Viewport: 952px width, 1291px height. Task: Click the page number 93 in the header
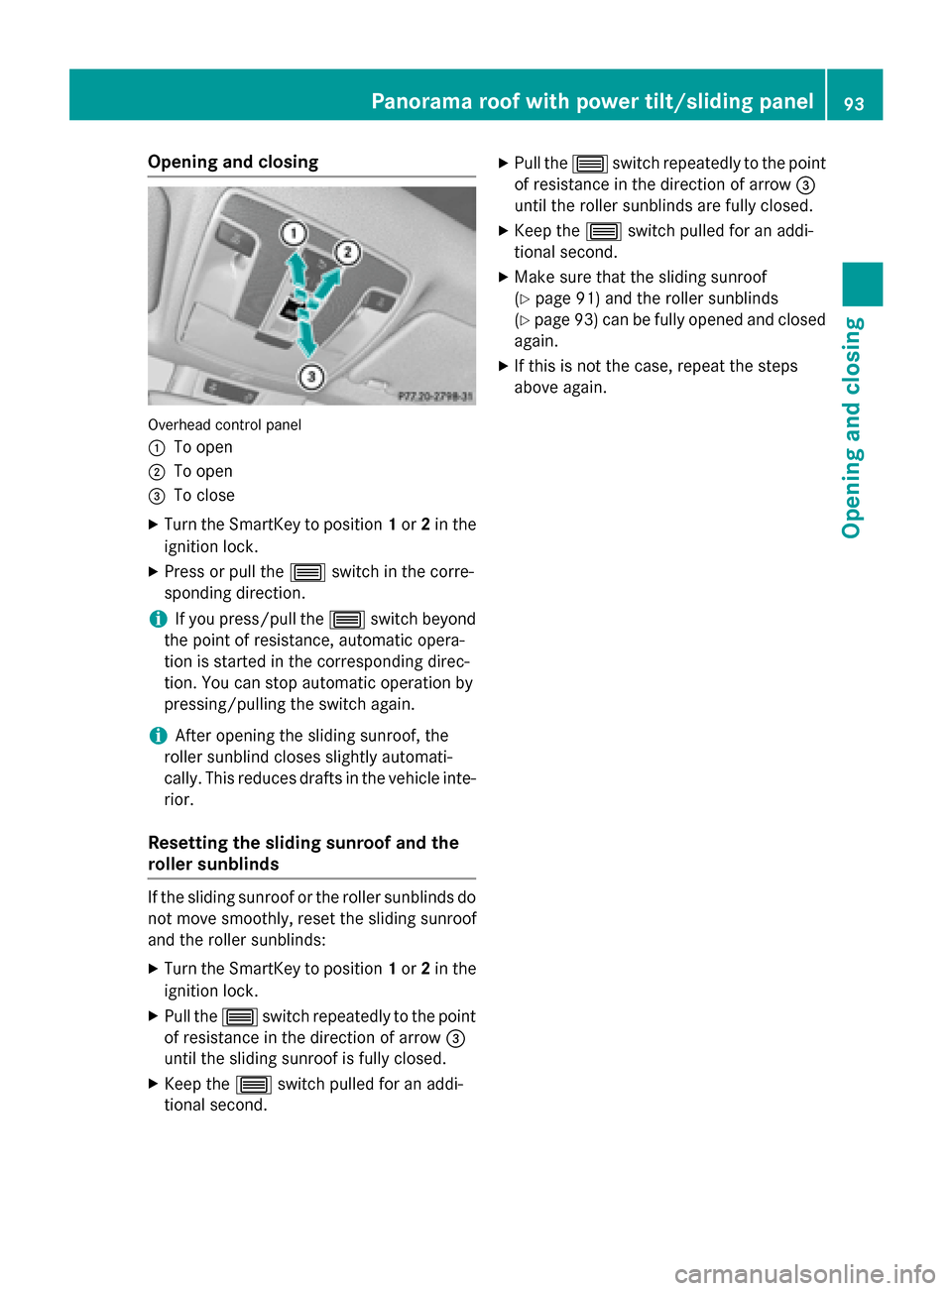[x=854, y=102]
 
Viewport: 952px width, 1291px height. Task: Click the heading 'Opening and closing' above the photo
[x=233, y=162]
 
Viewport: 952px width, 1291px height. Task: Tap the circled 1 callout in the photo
[x=294, y=233]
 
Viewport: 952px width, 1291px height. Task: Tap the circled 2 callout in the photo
[x=347, y=251]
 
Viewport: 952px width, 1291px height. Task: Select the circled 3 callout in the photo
[x=311, y=377]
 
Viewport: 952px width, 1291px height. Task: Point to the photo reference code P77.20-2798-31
[x=434, y=397]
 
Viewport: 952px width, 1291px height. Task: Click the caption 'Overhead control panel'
[x=224, y=424]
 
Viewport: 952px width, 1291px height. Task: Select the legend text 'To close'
[x=204, y=495]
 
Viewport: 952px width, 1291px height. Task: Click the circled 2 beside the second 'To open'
[x=156, y=472]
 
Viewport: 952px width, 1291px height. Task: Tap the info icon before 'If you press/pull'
[x=157, y=619]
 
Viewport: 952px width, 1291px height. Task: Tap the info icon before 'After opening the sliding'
[x=157, y=736]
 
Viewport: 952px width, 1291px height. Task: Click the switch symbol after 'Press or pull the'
[x=307, y=572]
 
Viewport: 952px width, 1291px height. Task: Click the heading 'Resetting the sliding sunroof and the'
[x=303, y=843]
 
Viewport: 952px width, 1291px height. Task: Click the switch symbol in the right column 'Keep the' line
[x=603, y=231]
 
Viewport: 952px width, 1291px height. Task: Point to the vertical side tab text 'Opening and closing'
[x=853, y=427]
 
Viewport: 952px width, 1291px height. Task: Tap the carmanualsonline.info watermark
[x=804, y=1273]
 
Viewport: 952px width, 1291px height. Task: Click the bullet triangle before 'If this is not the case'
[x=504, y=366]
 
